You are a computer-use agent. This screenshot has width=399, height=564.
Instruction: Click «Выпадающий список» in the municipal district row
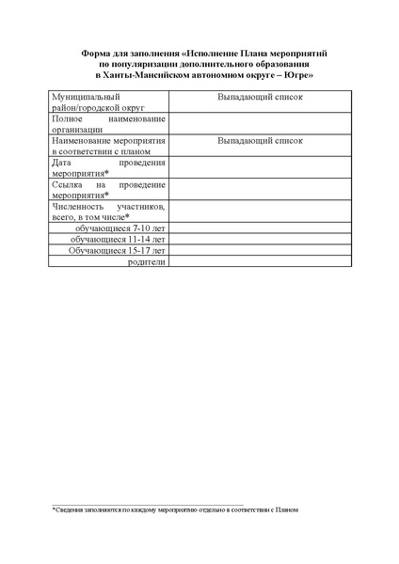coord(260,97)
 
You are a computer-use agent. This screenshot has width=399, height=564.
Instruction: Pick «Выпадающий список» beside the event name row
coord(260,140)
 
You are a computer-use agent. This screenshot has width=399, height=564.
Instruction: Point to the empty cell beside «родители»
coord(260,262)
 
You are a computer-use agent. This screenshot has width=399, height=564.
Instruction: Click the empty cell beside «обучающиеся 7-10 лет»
coord(260,228)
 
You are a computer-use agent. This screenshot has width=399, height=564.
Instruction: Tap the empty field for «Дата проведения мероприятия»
coord(260,167)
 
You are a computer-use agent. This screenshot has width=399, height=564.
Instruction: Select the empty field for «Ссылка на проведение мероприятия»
coord(260,190)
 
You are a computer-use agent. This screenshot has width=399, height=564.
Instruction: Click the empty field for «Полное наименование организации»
coord(260,124)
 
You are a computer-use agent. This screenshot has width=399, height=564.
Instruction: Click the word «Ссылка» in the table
coord(68,184)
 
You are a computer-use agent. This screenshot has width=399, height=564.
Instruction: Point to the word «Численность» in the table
coord(78,206)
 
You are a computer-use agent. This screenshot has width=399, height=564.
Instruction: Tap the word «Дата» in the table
coord(62,163)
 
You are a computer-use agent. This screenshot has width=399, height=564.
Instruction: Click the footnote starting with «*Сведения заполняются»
coord(174,509)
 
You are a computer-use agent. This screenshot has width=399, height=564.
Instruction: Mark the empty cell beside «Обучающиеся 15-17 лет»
coord(260,251)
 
